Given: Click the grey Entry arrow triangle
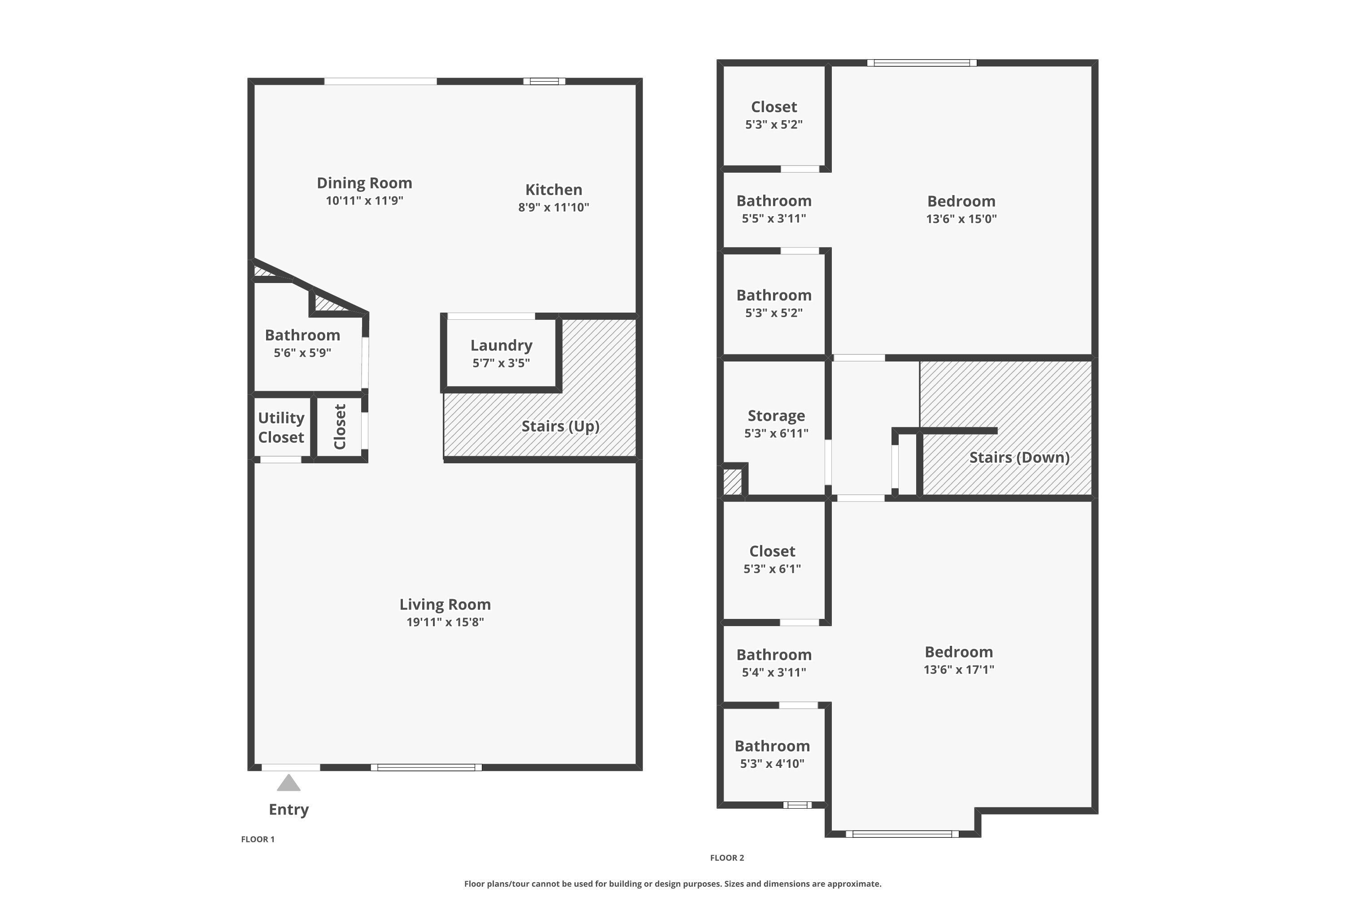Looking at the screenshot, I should click(288, 783).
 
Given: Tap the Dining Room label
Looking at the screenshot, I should click(364, 183).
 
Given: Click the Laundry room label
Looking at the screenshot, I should click(501, 345).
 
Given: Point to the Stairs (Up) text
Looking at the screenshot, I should click(560, 426).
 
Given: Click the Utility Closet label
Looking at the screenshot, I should click(281, 427).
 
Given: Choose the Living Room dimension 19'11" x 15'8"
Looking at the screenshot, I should click(445, 622).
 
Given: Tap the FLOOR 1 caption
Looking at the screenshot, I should click(258, 839).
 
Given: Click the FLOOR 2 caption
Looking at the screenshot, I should click(727, 858).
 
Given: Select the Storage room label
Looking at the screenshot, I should click(776, 416).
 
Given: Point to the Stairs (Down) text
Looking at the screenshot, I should click(1019, 457).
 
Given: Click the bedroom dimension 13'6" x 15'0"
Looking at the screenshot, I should click(961, 218).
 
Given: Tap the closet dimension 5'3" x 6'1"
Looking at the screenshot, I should click(772, 569).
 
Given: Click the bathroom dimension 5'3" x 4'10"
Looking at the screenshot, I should click(772, 763).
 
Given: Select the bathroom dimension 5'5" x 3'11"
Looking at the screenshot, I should click(774, 218).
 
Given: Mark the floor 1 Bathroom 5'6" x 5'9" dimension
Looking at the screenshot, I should click(302, 353).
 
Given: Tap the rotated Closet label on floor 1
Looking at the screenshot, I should click(340, 427).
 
